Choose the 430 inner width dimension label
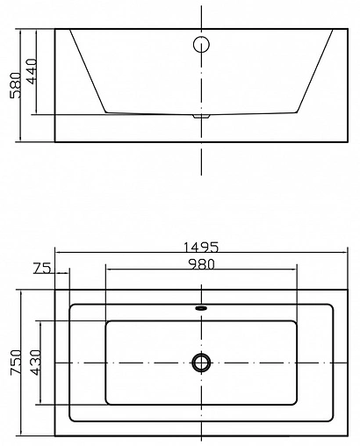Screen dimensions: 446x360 pos(33,362)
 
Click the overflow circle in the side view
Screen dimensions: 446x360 pos(201,44)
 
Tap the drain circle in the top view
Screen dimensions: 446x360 pos(202,362)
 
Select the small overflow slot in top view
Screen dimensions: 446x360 pos(201,308)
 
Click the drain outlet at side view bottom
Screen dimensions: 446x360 pos(202,115)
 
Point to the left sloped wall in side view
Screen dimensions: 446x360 pos(87,70)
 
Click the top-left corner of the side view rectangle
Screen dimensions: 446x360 pos(55,29)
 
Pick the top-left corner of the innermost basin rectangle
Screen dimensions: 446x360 pos(106,321)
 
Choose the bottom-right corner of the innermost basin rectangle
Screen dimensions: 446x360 pos(298,403)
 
